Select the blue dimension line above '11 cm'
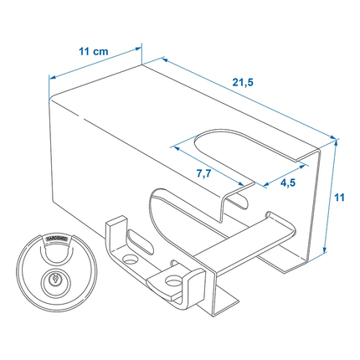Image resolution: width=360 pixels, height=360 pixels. (96, 66)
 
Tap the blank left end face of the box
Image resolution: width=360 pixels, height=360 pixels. (80, 159)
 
